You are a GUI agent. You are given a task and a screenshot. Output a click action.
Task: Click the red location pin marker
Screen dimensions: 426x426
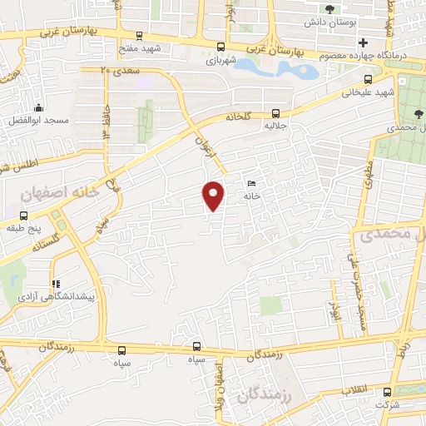pos(214,196)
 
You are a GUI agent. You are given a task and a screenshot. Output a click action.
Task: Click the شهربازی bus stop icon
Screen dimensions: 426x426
pos(220,47)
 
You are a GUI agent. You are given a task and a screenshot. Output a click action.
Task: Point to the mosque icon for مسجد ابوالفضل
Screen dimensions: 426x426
pos(37,107)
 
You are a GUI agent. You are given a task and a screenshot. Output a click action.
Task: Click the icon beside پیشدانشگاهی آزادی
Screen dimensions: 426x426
pos(56,284)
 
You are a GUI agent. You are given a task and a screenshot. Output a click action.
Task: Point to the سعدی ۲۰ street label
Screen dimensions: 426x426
pos(116,72)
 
